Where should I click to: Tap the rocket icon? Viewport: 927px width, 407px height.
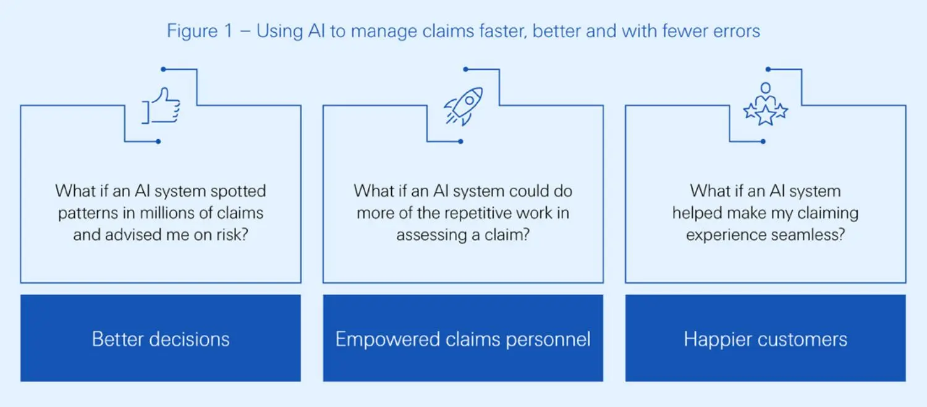point(464,106)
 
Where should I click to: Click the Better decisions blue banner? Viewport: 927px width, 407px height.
point(161,338)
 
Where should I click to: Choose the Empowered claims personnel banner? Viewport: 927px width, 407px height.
point(463,338)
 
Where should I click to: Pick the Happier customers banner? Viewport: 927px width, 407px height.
point(765,338)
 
